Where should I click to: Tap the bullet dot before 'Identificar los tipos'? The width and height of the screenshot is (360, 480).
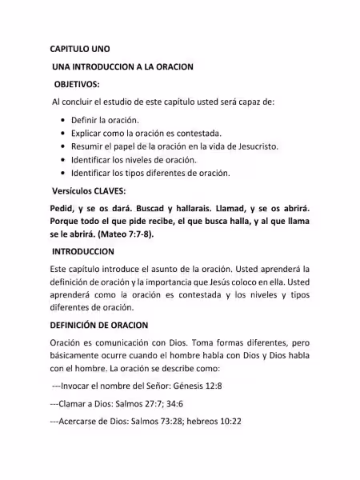coord(62,173)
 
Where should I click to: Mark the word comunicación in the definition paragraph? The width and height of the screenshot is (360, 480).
coord(124,342)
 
